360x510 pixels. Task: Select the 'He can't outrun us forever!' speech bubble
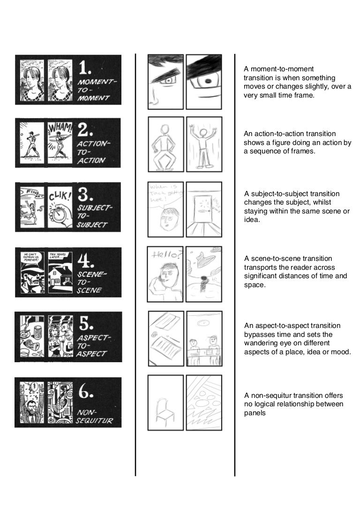pyautogui.click(x=30, y=258)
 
